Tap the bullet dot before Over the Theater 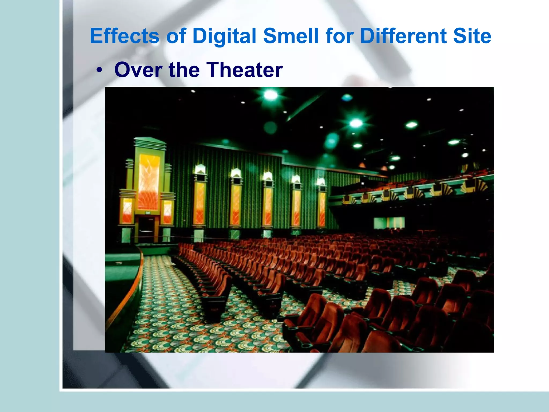(100, 70)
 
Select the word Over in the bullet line (138, 70)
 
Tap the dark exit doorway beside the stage (146, 229)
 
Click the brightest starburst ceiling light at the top (271, 95)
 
